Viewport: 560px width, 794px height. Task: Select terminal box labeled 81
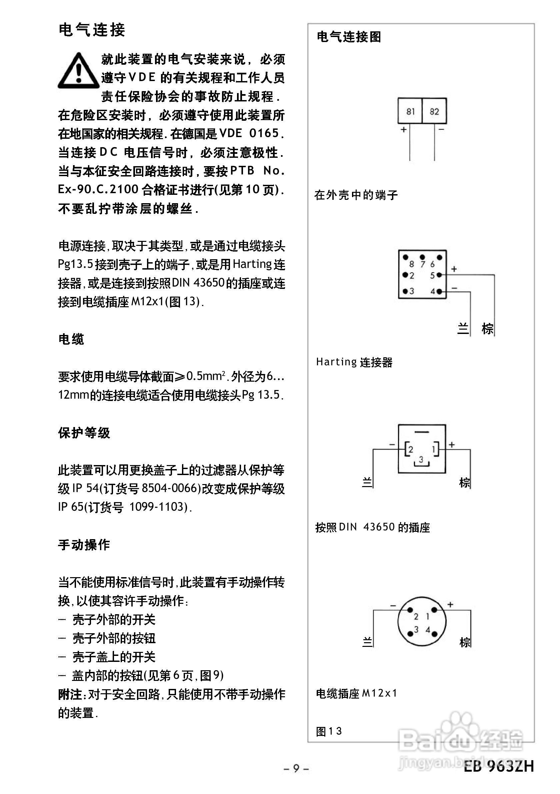[410, 111]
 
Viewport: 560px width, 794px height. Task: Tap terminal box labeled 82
[434, 111]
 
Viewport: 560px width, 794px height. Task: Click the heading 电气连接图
[349, 37]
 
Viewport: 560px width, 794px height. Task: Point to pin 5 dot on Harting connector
[439, 275]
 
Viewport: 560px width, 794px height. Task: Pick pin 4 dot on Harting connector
[439, 292]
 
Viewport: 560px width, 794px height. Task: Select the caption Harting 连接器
[354, 362]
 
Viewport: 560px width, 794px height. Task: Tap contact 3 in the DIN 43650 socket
[421, 460]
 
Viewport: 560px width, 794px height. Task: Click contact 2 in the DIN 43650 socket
[410, 450]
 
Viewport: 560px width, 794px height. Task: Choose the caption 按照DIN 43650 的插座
[372, 527]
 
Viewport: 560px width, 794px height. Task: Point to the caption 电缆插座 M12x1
[357, 693]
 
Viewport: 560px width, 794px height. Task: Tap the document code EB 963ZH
[499, 766]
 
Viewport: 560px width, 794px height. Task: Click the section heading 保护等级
[84, 433]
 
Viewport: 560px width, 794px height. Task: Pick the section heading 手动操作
[84, 545]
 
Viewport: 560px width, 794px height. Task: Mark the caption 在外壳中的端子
[356, 195]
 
